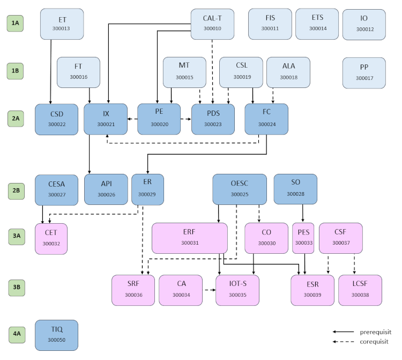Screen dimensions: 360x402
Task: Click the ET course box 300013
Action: [x=62, y=24]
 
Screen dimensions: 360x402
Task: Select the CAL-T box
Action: [x=213, y=24]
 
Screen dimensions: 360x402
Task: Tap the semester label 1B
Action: [x=16, y=70]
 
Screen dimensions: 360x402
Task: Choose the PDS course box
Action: [x=213, y=119]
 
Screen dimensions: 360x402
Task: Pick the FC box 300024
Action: [x=266, y=119]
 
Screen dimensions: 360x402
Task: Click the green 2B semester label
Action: [x=16, y=189]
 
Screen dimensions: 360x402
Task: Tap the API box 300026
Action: [x=106, y=189]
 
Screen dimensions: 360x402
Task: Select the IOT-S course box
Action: [x=237, y=290]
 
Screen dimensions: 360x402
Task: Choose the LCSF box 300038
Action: [x=360, y=290]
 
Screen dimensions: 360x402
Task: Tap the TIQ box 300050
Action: [x=56, y=335]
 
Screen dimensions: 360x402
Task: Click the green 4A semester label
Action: [x=16, y=333]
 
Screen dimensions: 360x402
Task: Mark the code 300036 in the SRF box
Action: [x=133, y=295]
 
